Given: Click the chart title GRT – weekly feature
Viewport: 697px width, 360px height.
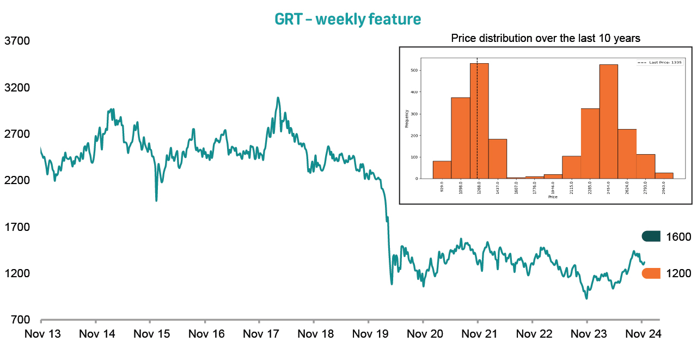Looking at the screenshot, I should (348, 20).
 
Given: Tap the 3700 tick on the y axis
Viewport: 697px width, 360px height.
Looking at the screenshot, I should (17, 41).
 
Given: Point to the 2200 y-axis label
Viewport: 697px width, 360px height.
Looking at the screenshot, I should (17, 180).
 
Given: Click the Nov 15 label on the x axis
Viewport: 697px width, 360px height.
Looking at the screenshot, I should (152, 334).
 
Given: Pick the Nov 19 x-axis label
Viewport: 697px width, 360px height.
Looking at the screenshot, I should (370, 334).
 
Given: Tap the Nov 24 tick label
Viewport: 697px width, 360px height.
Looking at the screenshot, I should (643, 334).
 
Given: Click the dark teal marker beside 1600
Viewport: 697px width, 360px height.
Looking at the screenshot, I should (651, 236).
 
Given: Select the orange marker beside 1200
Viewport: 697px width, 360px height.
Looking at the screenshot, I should (651, 273).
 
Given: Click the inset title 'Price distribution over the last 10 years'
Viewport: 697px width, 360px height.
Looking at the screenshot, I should (546, 39).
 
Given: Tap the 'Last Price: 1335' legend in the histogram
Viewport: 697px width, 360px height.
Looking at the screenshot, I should (660, 63).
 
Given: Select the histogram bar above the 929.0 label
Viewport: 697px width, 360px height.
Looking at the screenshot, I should (442, 170).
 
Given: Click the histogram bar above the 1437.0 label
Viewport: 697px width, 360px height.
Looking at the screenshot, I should (498, 158).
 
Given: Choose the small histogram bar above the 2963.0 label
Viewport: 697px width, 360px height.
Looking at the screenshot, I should (664, 175).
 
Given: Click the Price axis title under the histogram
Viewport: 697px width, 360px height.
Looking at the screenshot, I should (553, 197).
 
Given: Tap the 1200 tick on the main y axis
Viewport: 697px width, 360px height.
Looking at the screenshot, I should (17, 273).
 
